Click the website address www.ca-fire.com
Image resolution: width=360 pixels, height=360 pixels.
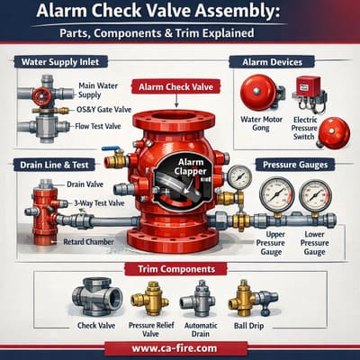tap(180, 346)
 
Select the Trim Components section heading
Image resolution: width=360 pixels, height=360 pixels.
tap(180, 268)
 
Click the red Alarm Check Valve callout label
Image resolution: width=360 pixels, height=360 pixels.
tap(178, 87)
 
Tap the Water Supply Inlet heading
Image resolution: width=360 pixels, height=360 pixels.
tap(56, 63)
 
